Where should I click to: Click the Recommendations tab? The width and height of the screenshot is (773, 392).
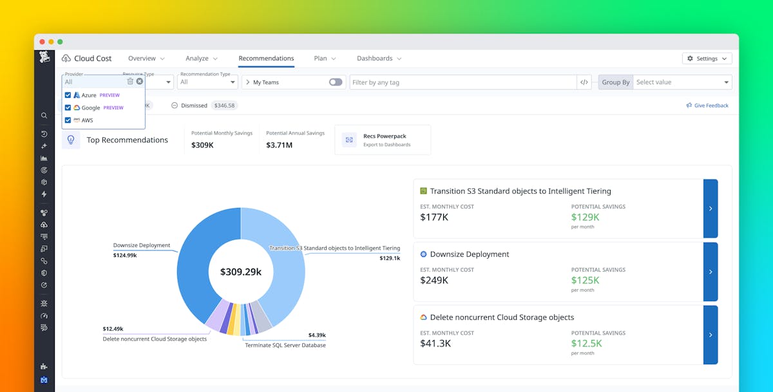tap(266, 59)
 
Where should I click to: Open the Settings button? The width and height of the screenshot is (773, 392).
tap(707, 59)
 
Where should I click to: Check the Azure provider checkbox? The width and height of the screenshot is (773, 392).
tap(68, 95)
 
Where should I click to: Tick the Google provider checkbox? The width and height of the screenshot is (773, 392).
tap(68, 107)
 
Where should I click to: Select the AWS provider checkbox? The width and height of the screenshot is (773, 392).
tap(68, 120)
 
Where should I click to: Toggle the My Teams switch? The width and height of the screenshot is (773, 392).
tap(336, 82)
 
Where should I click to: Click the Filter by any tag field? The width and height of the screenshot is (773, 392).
tap(463, 82)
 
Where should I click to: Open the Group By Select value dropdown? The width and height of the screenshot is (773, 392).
tap(682, 82)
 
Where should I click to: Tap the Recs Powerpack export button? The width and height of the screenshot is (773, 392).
tap(383, 140)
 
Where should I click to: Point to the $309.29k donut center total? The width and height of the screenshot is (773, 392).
tap(241, 272)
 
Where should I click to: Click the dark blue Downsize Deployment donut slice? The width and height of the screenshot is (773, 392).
tap(196, 264)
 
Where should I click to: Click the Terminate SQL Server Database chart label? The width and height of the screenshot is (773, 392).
tap(285, 346)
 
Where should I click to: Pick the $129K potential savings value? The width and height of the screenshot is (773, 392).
tap(586, 218)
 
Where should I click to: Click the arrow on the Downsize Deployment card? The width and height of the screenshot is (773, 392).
tap(711, 272)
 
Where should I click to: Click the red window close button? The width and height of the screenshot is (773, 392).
tap(42, 42)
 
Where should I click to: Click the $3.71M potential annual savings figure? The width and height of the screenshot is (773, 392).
tap(279, 145)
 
